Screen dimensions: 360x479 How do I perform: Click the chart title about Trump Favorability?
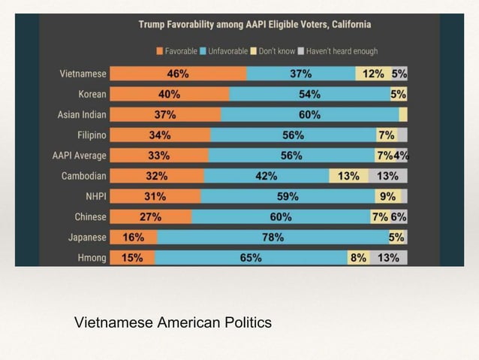coord(255,25)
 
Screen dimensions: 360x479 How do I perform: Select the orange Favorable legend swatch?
coord(160,51)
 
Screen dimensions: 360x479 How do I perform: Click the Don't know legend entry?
coord(275,51)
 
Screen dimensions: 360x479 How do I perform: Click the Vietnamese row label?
coord(83,74)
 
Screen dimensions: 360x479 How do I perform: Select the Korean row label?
coord(92,95)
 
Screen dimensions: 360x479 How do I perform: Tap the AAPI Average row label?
coord(79,156)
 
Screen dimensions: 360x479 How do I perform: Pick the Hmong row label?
coord(92,258)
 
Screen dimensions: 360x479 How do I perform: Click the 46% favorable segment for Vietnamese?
coord(178,74)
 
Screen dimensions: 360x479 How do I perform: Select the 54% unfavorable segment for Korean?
coord(309,95)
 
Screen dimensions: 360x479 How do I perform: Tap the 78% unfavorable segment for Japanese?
coord(272,237)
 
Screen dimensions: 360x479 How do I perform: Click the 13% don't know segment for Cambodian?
coord(348,176)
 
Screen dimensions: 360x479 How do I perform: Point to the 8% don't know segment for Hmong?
coord(357,258)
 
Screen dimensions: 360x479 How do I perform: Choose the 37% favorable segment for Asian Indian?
coord(165,115)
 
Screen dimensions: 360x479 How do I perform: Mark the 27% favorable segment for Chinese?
coord(151,217)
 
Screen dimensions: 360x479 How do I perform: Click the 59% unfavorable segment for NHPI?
coord(288,197)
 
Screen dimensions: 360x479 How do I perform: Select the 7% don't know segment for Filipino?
coord(386,135)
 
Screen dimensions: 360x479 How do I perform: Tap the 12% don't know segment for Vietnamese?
coord(372,74)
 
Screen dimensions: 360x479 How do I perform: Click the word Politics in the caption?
coord(248,323)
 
